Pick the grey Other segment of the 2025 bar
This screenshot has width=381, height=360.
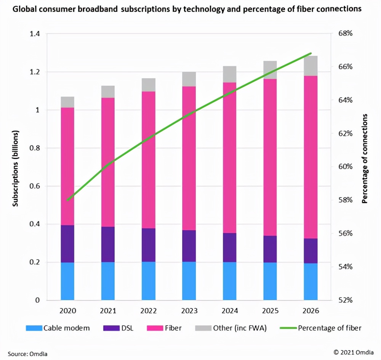[270, 70]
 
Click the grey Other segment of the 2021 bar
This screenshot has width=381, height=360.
[108, 92]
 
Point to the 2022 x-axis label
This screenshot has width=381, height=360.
[148, 311]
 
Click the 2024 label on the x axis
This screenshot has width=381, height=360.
[229, 311]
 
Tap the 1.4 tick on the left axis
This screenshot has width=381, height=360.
[34, 34]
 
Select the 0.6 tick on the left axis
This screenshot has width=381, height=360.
[34, 186]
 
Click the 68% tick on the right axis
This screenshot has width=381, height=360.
[346, 34]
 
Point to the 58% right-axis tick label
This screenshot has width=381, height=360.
[346, 200]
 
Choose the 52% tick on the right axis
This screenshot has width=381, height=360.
[346, 300]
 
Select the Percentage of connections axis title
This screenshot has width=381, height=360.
[365, 158]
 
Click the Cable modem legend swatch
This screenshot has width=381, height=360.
[33, 328]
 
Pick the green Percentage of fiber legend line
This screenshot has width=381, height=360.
[288, 328]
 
